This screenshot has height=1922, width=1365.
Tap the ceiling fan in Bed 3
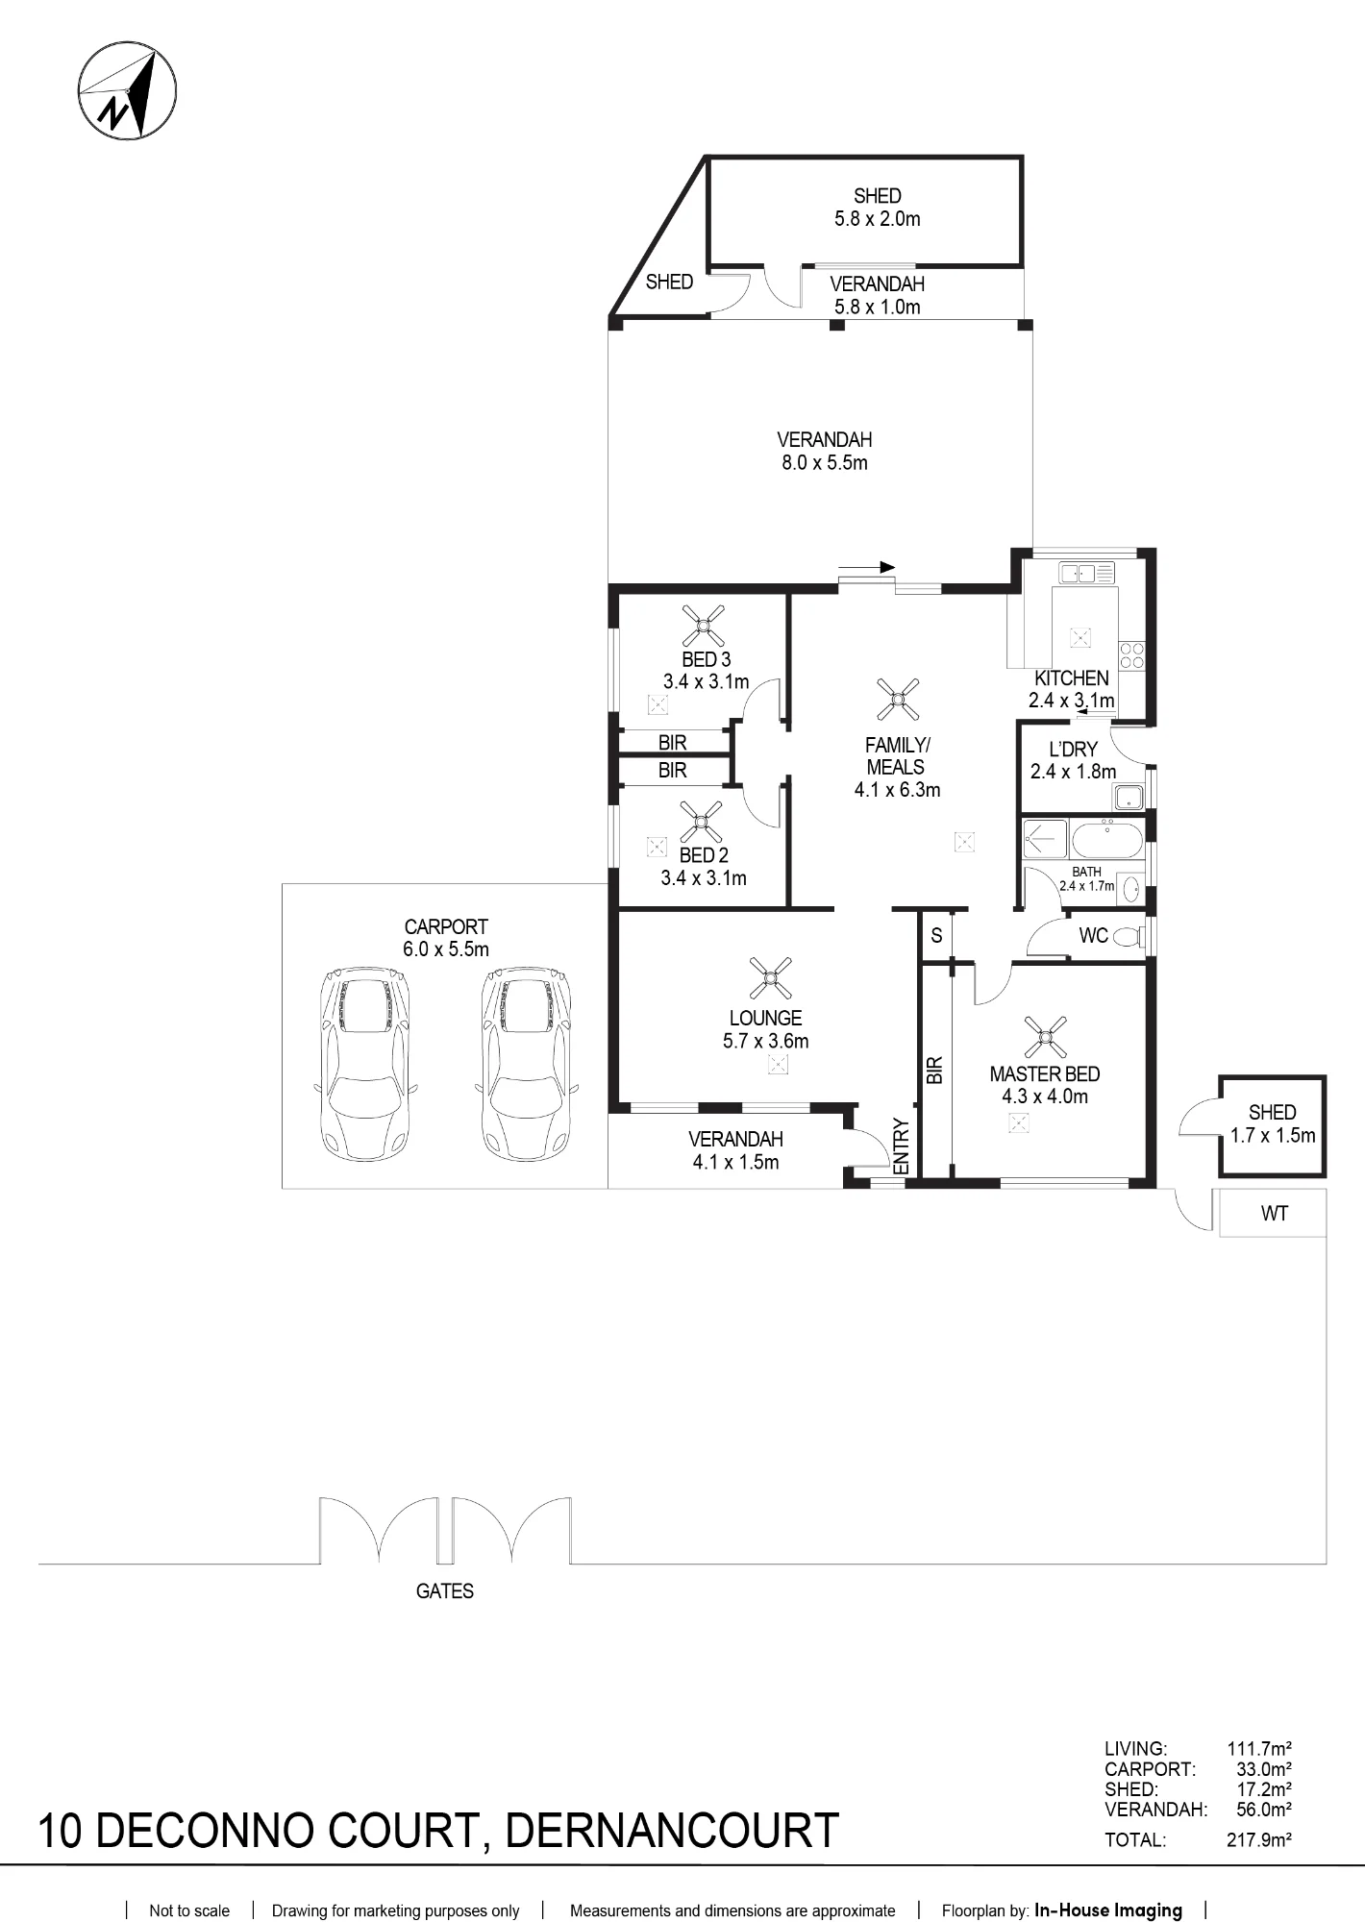pyautogui.click(x=704, y=626)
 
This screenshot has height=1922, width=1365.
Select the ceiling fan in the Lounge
pyautogui.click(x=770, y=978)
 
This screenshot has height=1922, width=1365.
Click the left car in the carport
pyautogui.click(x=366, y=1063)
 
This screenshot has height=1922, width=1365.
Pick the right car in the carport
pyautogui.click(x=527, y=1063)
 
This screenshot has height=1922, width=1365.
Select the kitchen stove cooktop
pyautogui.click(x=1131, y=654)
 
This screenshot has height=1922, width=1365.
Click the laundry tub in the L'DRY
pyautogui.click(x=1128, y=797)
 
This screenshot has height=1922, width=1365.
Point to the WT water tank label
pyautogui.click(x=1274, y=1214)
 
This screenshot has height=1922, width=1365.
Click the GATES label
pyautogui.click(x=445, y=1591)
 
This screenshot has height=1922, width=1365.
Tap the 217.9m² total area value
pyautogui.click(x=1259, y=1840)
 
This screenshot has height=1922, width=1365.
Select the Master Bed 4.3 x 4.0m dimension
pyautogui.click(x=1045, y=1097)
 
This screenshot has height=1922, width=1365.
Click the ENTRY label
pyautogui.click(x=901, y=1146)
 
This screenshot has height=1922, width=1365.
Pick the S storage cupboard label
pyautogui.click(x=936, y=935)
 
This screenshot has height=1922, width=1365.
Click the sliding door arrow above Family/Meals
pyautogui.click(x=866, y=567)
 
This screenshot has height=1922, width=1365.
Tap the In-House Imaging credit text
pyautogui.click(x=1108, y=1910)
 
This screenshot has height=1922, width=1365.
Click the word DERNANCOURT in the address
pyautogui.click(x=672, y=1831)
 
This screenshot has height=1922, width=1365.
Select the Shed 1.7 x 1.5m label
pyautogui.click(x=1273, y=1123)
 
